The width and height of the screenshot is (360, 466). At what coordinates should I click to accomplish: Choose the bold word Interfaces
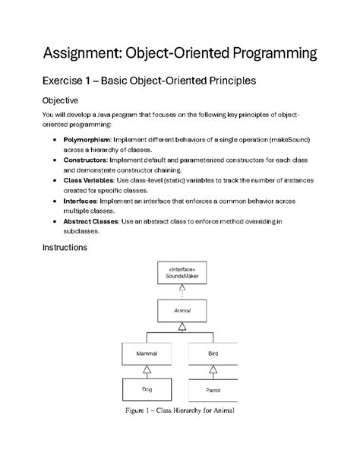point(81,201)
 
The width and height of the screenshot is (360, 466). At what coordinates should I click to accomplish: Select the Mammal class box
point(147,353)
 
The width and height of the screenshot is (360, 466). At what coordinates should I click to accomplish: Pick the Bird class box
point(213,353)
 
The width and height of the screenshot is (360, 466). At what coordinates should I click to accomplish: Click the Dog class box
point(147,389)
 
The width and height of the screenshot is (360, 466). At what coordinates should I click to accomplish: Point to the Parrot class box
point(213,389)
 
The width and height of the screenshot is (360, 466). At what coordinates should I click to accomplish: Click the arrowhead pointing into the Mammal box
point(147,369)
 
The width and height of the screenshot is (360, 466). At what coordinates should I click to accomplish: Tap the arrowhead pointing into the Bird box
point(213,369)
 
